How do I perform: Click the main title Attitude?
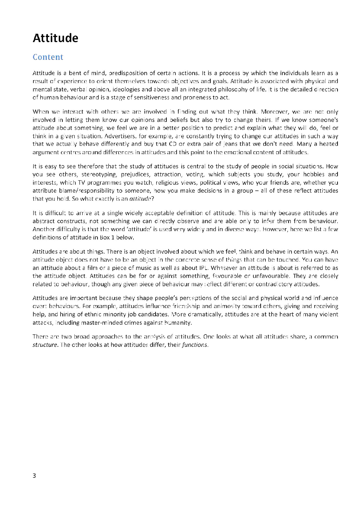pos(55,38)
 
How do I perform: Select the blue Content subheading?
pos(48,57)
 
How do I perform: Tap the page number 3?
pos(34,476)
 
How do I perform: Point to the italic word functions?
pos(195,345)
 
